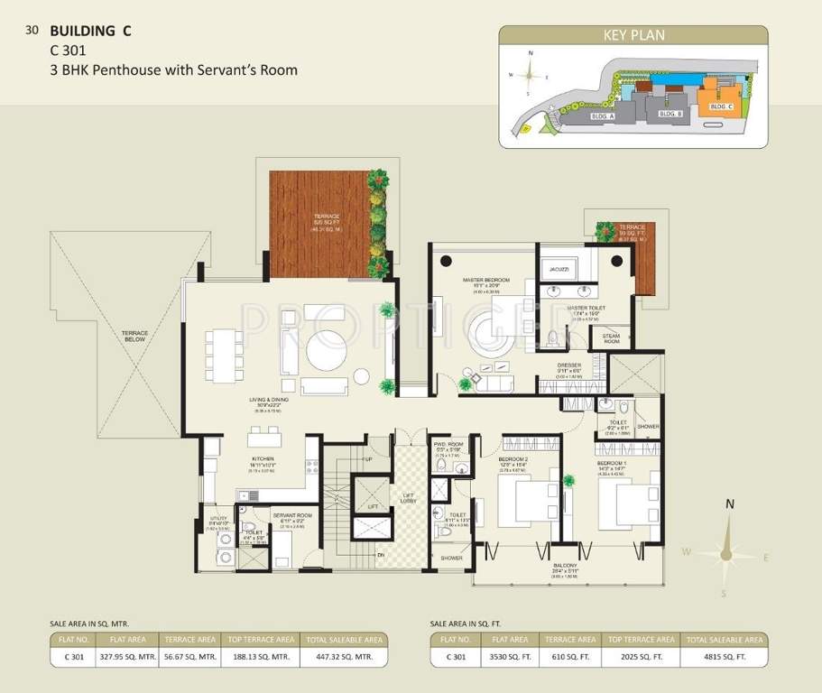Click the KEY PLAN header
pyautogui.click(x=633, y=36)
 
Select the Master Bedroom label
pyautogui.click(x=485, y=281)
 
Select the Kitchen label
pyautogui.click(x=262, y=458)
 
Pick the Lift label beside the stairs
pyautogui.click(x=373, y=509)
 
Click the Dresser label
pyautogui.click(x=568, y=365)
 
